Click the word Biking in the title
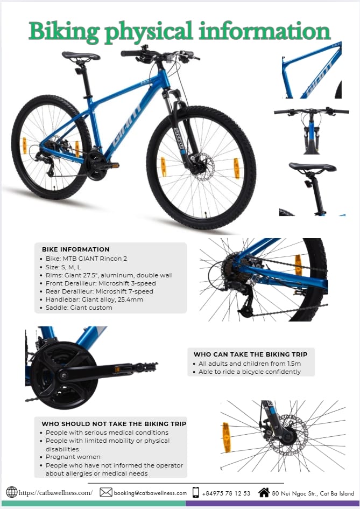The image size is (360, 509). click(x=64, y=32)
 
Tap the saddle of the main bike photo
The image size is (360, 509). click(x=81, y=56)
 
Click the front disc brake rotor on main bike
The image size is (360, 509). click(x=202, y=166)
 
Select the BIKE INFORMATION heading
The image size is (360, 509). click(x=75, y=249)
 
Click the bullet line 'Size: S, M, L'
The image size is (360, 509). click(x=63, y=267)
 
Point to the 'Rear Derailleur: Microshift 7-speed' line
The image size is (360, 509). click(x=99, y=291)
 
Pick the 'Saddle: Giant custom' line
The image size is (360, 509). click(x=79, y=308)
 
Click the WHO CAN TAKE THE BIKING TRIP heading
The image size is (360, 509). click(x=250, y=354)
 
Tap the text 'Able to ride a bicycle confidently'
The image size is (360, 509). click(x=250, y=372)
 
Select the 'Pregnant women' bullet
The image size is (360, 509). click(x=73, y=457)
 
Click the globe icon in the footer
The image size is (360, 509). click(x=12, y=492)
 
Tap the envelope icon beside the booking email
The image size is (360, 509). click(x=105, y=492)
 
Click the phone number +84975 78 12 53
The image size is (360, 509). click(x=226, y=493)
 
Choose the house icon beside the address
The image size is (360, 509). click(x=264, y=492)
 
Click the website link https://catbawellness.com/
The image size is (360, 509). click(x=55, y=493)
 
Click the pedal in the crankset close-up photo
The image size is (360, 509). click(x=145, y=367)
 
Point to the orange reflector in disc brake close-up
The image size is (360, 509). click(x=227, y=437)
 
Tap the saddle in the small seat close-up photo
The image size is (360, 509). click(x=312, y=167)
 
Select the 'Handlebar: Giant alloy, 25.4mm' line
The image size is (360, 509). click(x=94, y=299)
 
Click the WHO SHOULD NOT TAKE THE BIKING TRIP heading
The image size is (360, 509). click(x=114, y=423)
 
